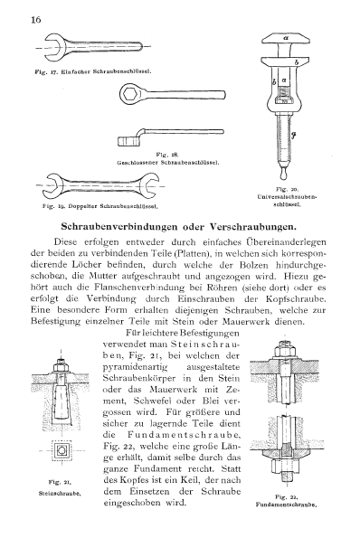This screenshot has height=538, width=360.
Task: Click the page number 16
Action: click(x=35, y=20)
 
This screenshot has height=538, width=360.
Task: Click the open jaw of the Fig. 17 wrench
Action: click(x=52, y=47)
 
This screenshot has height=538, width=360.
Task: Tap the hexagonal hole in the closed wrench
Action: click(x=130, y=93)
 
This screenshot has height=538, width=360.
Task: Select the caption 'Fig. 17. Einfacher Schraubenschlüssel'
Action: click(x=93, y=72)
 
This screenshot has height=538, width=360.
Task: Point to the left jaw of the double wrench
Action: click(x=55, y=185)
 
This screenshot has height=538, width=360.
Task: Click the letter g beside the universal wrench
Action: click(x=293, y=136)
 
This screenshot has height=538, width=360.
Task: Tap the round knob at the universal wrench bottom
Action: click(x=283, y=174)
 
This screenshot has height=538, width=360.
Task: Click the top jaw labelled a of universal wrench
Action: click(x=286, y=38)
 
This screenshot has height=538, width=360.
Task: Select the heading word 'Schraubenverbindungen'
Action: click(x=119, y=227)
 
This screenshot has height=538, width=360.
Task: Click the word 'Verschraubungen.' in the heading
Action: click(x=252, y=227)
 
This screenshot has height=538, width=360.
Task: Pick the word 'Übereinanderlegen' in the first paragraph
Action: click(x=286, y=242)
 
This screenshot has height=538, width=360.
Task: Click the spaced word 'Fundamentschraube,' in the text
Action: click(x=184, y=435)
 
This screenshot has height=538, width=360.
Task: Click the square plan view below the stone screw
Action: click(x=62, y=450)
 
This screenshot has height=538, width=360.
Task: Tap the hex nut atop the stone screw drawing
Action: click(x=62, y=368)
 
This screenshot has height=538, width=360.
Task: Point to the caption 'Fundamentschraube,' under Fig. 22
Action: click(x=286, y=505)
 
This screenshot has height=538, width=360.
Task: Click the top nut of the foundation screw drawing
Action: click(x=285, y=351)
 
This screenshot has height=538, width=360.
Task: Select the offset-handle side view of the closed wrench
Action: click(x=171, y=137)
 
